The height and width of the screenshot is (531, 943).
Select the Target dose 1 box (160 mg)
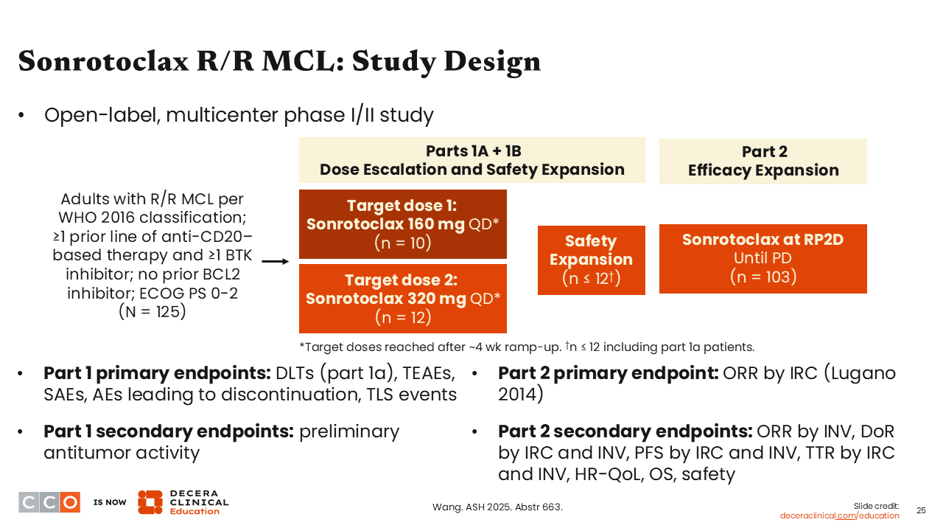(402, 224)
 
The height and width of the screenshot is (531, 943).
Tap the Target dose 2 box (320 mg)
(402, 299)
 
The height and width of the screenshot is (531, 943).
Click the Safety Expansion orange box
(591, 260)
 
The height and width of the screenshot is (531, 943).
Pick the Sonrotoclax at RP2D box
(763, 258)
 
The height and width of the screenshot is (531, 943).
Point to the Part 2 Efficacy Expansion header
(763, 161)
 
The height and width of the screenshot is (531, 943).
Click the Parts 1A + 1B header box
(471, 160)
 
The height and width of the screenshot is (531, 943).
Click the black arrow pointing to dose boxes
(276, 261)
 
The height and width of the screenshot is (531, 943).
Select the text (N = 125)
(153, 311)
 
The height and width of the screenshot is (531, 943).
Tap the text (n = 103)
(763, 277)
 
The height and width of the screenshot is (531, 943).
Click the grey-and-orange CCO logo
(49, 502)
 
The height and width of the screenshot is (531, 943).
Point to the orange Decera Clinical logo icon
(150, 502)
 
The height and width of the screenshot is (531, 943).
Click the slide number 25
(921, 510)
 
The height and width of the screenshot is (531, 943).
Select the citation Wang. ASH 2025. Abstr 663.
(497, 507)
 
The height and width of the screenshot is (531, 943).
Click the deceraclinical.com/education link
(839, 516)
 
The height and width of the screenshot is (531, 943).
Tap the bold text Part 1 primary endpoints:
(157, 373)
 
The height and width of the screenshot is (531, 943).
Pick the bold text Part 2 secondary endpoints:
(625, 431)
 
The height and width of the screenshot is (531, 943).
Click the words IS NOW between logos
(110, 502)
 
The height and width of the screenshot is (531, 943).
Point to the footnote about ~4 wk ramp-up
(526, 347)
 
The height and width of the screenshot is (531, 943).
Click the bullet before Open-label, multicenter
(22, 116)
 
